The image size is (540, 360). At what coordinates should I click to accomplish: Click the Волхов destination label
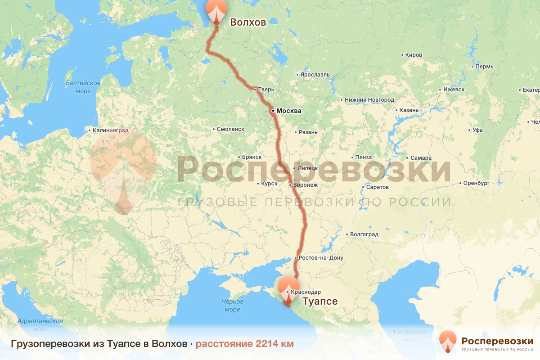[248, 22]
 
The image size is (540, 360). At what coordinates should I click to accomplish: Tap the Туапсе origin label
[319, 301]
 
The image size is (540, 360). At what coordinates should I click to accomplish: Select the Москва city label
[288, 111]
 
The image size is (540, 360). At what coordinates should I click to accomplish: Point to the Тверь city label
[266, 90]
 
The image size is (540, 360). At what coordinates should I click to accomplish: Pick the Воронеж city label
[305, 184]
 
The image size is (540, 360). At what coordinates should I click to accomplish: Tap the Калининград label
[110, 131]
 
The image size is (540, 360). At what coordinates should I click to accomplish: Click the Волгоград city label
[364, 234]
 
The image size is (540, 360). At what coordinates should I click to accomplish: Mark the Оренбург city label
[477, 183]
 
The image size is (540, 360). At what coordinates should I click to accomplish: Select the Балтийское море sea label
[83, 87]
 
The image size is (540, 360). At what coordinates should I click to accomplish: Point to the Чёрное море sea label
[232, 306]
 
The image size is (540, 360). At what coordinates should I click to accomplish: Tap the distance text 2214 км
[274, 344]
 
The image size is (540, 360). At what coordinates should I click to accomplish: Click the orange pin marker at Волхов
[216, 11]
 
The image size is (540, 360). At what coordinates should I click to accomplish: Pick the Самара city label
[421, 158]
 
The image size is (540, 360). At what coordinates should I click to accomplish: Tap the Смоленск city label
[230, 129]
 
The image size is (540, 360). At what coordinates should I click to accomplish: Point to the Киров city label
[414, 55]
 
